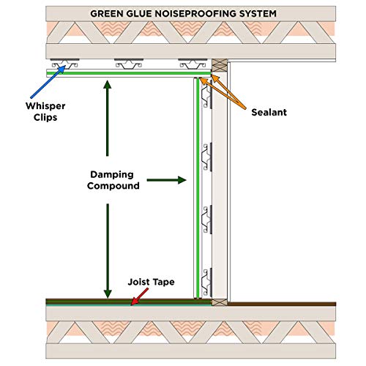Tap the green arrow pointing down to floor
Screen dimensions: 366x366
(108, 249)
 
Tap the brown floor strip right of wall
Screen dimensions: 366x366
(282, 302)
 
